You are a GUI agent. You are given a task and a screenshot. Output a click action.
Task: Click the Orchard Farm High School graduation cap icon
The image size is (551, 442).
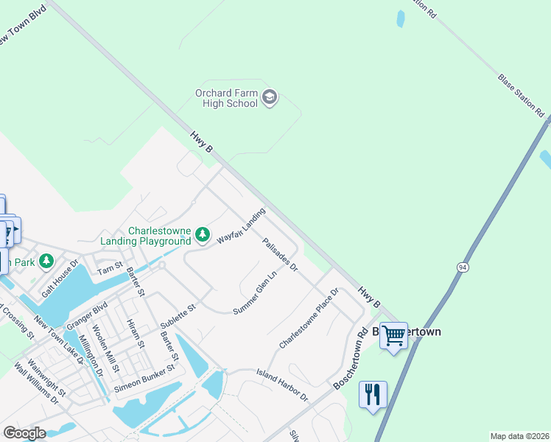(x=270, y=97)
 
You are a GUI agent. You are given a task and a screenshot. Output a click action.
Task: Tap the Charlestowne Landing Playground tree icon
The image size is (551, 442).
(x=203, y=235)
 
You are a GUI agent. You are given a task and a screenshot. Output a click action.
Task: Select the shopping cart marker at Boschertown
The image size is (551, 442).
(x=393, y=335)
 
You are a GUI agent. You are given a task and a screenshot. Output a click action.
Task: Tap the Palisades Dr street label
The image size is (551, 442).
(x=279, y=254)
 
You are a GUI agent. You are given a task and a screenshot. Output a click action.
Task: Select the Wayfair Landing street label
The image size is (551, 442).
(x=240, y=227)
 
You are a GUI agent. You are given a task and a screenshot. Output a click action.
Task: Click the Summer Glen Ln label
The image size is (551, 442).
(x=255, y=292)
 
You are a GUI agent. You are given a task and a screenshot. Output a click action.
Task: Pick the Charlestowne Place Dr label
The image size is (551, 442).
(x=308, y=318)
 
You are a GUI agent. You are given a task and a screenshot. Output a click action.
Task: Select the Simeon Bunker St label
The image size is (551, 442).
(x=144, y=376)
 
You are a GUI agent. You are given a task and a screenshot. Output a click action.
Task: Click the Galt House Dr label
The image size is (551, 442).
(x=60, y=278)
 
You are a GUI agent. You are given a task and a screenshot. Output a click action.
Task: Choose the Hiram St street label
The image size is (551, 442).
(x=135, y=334)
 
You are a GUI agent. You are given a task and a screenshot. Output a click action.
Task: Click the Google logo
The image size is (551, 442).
(x=24, y=433)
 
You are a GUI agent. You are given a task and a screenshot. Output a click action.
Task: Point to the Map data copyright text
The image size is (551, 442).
(x=519, y=436)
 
